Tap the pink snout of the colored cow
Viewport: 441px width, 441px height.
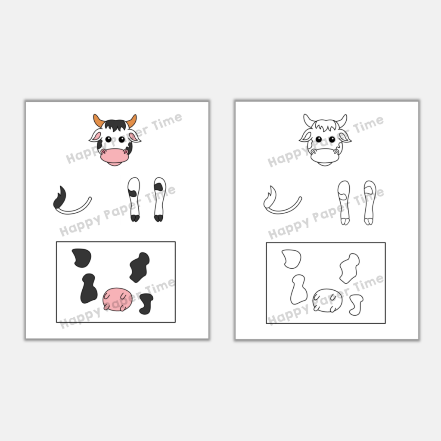point(115,157)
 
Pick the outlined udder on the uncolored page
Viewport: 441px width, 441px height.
point(327,300)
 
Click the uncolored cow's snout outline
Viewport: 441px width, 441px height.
point(325,157)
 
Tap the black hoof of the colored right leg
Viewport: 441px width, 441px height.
point(159,218)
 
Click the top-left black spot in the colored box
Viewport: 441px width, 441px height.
point(81,258)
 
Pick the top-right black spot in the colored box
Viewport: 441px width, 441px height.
point(140,267)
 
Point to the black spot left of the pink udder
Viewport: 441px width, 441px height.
point(89,289)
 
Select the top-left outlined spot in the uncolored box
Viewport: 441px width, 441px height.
point(292,259)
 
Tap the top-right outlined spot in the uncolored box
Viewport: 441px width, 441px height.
point(349,268)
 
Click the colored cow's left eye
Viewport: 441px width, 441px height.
point(108,139)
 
